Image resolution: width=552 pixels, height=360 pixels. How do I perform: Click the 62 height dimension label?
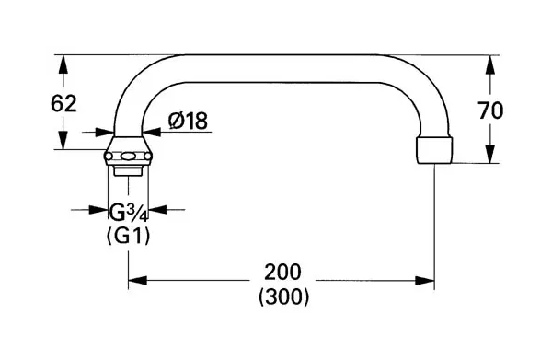[63, 104]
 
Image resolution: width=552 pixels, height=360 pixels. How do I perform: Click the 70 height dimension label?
[490, 110]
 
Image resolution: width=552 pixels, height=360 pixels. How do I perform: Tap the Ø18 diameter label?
[188, 121]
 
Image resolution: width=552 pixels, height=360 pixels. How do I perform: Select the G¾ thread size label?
[128, 212]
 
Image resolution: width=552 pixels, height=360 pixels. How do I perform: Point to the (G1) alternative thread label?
[128, 236]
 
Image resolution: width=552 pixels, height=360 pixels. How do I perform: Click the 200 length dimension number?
[283, 272]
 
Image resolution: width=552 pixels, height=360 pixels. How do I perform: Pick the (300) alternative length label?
[283, 297]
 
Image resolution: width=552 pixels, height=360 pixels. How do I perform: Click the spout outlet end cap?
[433, 149]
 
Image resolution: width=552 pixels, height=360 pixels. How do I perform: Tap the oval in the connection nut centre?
[128, 156]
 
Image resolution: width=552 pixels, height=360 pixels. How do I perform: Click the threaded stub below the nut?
[128, 170]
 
